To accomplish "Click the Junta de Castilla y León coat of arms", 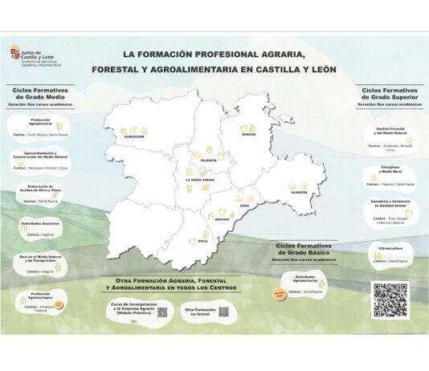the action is (15, 50).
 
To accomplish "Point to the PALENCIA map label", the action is (207, 161).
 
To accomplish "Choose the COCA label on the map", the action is (244, 206).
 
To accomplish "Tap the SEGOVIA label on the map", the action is (222, 218).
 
